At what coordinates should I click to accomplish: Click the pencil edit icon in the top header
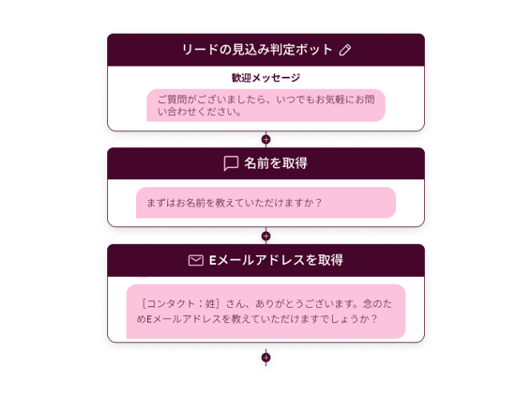345,50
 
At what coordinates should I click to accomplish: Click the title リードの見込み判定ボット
257,50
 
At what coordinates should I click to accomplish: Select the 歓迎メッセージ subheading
266,78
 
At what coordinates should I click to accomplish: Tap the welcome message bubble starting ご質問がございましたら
266,105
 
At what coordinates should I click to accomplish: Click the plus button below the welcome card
266,139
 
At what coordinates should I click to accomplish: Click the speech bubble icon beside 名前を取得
231,163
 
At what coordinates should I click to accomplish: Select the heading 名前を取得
276,163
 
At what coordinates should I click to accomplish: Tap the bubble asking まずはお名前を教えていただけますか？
266,203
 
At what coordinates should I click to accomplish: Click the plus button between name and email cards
266,236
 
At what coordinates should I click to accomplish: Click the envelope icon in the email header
196,260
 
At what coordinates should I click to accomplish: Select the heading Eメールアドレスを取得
276,260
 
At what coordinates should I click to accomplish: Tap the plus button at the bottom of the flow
266,358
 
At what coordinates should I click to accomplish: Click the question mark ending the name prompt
318,203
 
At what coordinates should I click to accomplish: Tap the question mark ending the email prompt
373,319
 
